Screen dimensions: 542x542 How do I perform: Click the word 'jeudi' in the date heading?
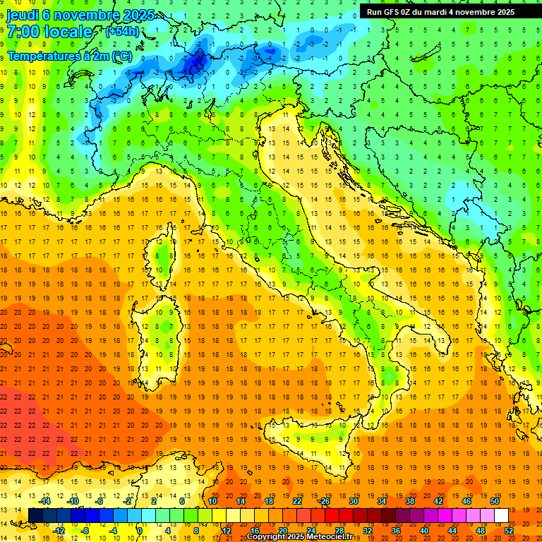click(x=23, y=15)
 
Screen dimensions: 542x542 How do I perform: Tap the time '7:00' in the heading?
click(x=23, y=32)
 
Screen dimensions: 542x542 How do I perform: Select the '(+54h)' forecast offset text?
click(x=122, y=32)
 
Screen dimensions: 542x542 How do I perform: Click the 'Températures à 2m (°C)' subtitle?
click(x=69, y=56)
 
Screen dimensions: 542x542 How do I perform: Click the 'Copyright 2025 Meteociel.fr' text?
click(x=299, y=537)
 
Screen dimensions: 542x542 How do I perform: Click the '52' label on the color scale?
click(x=509, y=531)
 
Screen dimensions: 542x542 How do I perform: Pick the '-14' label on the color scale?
click(x=47, y=501)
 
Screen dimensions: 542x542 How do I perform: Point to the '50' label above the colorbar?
click(x=495, y=501)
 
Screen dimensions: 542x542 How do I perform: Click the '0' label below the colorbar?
click(x=140, y=531)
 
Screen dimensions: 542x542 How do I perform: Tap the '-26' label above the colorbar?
click(x=324, y=501)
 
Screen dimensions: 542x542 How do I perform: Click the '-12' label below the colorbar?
click(x=59, y=531)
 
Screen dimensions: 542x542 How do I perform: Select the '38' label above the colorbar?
click(x=409, y=501)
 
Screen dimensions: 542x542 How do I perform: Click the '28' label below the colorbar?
click(x=339, y=531)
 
